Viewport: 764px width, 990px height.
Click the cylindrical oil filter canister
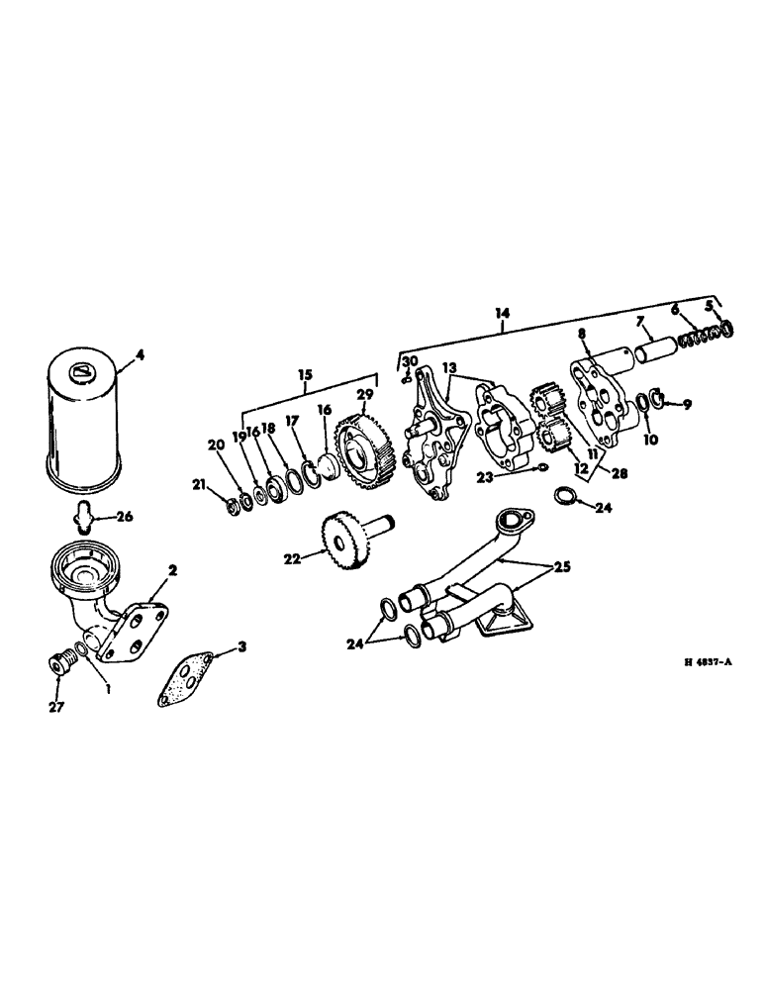[x=85, y=420]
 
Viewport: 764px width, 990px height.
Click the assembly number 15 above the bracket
[x=305, y=376]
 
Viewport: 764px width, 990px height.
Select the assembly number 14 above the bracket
[x=502, y=313]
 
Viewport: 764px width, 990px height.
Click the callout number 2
[x=172, y=570]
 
